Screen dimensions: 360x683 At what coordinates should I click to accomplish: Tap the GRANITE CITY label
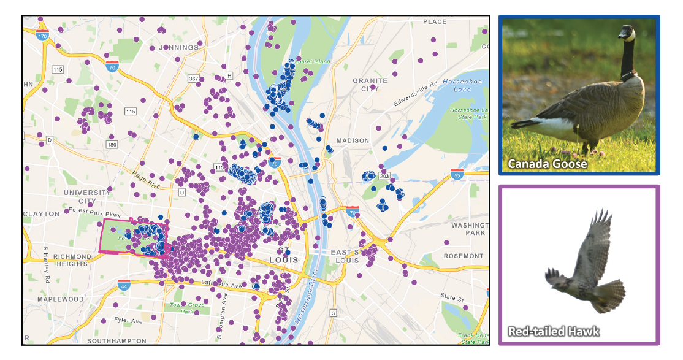tap(370, 85)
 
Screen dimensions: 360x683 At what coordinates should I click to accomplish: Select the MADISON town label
tap(353, 140)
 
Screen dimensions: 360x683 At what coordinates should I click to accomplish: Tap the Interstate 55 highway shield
tap(456, 174)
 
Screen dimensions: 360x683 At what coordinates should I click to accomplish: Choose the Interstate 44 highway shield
tap(123, 285)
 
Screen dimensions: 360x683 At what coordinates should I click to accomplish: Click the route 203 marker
tap(384, 176)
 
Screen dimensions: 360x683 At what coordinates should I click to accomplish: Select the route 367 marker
tap(194, 79)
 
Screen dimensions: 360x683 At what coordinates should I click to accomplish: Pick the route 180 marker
tap(111, 144)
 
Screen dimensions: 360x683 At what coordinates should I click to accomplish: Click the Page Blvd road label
tap(145, 180)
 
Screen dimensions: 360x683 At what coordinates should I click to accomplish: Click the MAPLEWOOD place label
tap(60, 299)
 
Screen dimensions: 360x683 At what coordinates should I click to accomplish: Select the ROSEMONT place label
tap(464, 256)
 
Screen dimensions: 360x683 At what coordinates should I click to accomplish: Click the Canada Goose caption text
tap(547, 164)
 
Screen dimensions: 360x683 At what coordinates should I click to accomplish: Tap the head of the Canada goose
tap(627, 33)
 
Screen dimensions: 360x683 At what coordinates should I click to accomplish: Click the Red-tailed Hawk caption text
tap(554, 332)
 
